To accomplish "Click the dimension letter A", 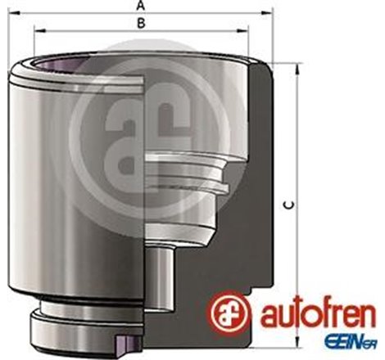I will click(x=141, y=6).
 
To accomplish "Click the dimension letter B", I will click(x=141, y=22).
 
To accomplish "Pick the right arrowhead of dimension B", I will click(x=248, y=30).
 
